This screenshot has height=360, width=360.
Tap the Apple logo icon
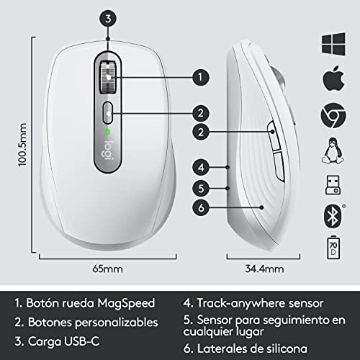[x=333, y=76]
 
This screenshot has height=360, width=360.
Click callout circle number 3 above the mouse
[x=107, y=19]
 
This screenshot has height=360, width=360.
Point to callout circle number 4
[x=202, y=167]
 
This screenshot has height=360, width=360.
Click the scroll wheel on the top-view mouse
[x=107, y=76]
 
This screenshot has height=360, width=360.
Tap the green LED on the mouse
[x=107, y=132]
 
